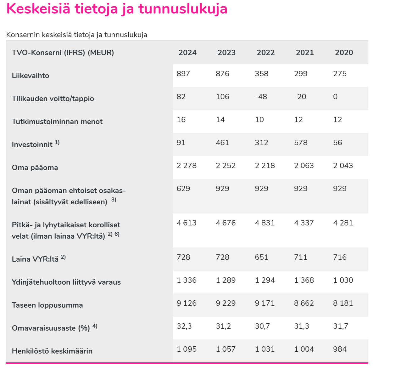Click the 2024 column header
[x=187, y=53]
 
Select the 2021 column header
[x=305, y=53]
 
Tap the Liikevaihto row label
[x=31, y=76]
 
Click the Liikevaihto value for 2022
[x=261, y=74]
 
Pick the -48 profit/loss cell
[x=261, y=97]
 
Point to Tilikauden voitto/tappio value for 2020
[x=335, y=97]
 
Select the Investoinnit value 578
[x=301, y=143]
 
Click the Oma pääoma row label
[x=35, y=167]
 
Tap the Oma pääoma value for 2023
[x=226, y=166]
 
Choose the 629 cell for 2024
[x=183, y=189]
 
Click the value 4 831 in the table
[x=265, y=223]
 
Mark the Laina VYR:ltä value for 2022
[x=261, y=257]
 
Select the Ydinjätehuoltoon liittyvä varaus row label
[x=66, y=282]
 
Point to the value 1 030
[x=343, y=280]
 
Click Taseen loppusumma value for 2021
[x=304, y=303]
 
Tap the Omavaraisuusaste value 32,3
[x=184, y=326]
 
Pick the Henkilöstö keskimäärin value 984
[x=340, y=349]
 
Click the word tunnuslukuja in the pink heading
[x=183, y=9]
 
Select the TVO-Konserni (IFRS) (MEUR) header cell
[x=63, y=53]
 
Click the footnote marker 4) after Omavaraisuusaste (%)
[x=95, y=326]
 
